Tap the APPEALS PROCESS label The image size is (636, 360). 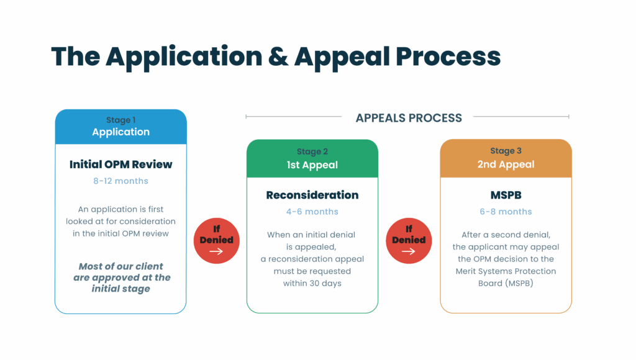tap(409, 118)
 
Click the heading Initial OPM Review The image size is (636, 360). tap(121, 164)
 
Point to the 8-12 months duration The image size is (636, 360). tap(121, 181)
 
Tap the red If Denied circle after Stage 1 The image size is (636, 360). tap(216, 240)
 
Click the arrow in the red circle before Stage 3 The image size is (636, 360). tap(408, 251)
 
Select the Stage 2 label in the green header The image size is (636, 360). tap(312, 151)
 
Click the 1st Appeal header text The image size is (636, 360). tap(312, 165)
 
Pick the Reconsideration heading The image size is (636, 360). tap(312, 195)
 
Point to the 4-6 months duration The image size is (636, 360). tap(312, 212)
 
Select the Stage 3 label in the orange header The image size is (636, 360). tap(506, 151)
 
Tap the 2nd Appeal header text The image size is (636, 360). tap(506, 164)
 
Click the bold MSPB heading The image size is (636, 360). tap(506, 195)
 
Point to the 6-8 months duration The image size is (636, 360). tap(506, 212)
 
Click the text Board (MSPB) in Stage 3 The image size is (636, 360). tap(506, 284)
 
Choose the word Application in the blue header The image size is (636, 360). tap(120, 132)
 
